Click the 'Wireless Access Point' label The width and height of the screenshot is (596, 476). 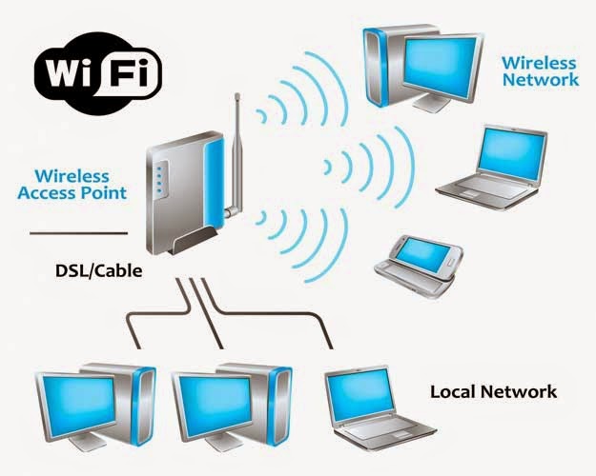[80, 184]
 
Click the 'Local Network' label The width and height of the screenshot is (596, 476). [493, 391]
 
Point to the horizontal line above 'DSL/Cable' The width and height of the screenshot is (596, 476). [77, 232]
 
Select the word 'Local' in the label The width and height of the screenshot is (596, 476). [454, 391]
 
